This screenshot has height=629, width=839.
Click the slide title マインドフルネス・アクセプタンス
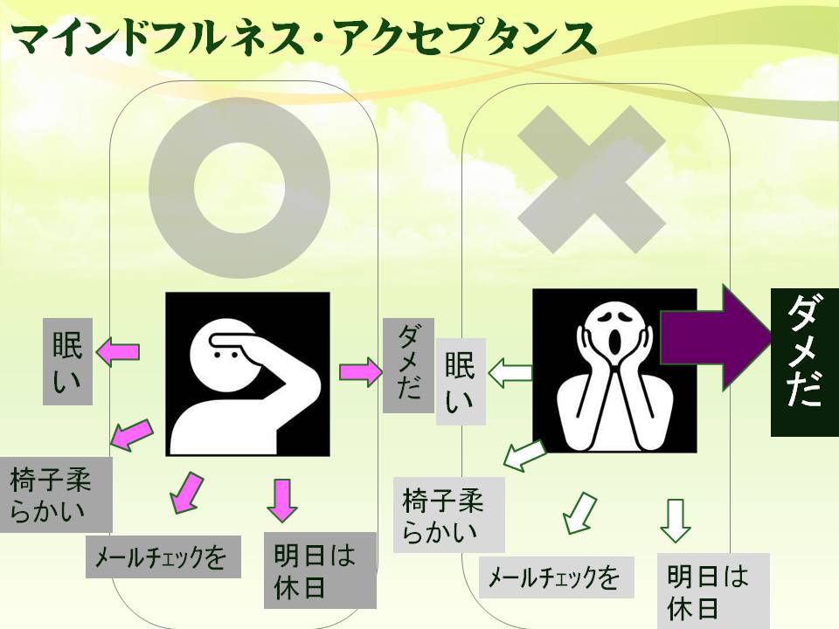point(302,37)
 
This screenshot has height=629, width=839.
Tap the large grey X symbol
point(592,179)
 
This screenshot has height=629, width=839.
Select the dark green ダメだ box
point(805,362)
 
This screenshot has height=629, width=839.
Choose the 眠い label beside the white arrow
point(461,382)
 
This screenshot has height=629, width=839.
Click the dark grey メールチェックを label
point(163,556)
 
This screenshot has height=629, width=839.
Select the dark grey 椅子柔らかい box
point(54,494)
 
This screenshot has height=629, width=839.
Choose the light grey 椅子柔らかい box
point(448,515)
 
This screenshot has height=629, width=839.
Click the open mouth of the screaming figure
point(617,342)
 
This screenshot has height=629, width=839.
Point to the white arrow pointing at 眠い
point(510,376)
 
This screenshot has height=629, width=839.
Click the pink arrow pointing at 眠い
point(117,352)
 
